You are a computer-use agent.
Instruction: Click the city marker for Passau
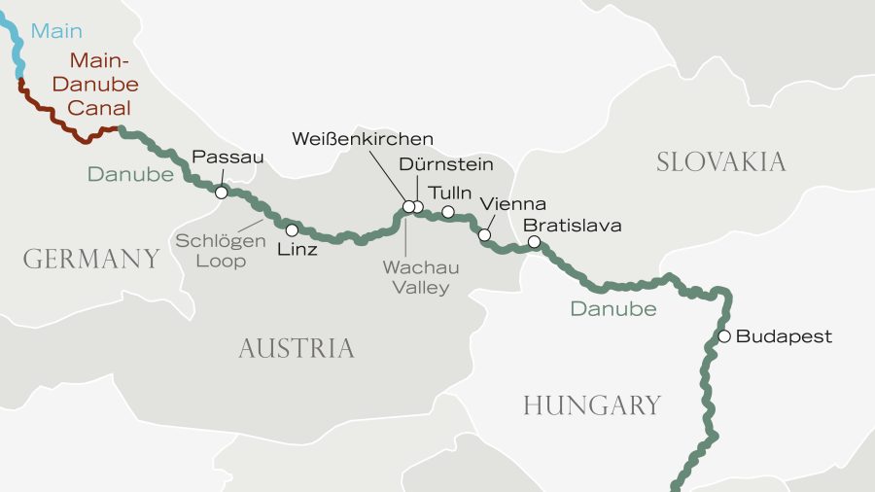222,193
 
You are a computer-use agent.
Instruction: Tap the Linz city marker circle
292,230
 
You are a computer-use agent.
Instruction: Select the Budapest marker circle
723,336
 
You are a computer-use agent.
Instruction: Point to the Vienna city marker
484,235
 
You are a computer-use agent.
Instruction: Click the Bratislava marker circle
534,242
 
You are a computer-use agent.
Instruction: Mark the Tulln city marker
448,211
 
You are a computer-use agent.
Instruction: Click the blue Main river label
56,31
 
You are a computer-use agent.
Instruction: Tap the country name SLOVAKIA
720,161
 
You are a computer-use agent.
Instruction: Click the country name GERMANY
91,259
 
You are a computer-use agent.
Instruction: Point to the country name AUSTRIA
296,348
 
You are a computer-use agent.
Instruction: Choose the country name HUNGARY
591,405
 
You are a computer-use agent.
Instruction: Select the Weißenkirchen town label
363,139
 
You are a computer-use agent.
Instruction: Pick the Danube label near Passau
129,175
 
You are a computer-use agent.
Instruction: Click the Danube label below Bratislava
612,309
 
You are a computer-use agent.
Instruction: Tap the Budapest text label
784,336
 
